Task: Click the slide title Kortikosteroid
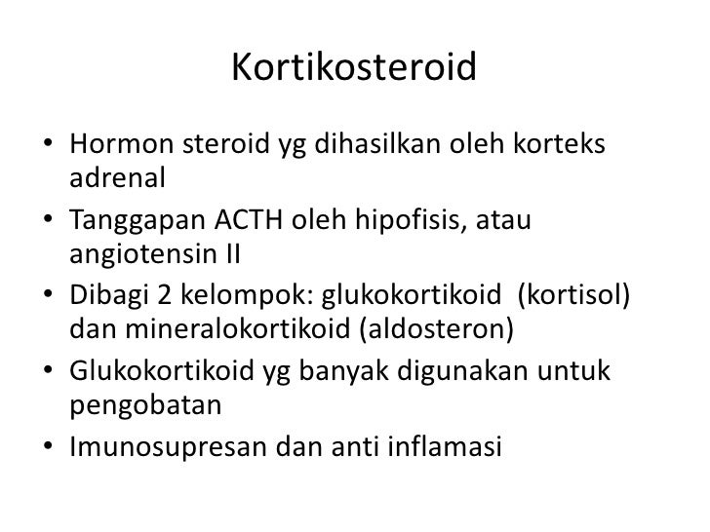point(354,68)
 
